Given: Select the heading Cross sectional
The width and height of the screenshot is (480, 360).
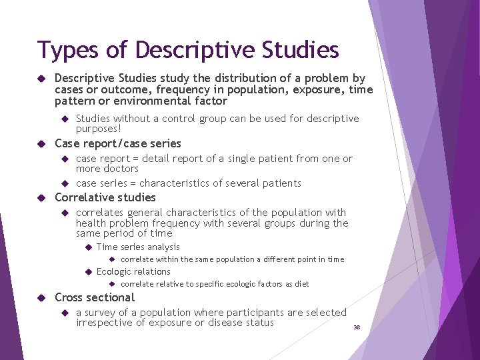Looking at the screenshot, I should tap(95, 297).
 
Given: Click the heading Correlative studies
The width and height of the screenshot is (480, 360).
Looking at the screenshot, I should tap(105, 197).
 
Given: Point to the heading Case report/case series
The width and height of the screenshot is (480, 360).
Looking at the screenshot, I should tap(117, 143).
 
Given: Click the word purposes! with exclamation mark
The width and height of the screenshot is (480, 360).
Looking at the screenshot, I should tap(99, 129).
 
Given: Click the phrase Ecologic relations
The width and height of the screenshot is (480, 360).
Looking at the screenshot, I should tap(133, 271).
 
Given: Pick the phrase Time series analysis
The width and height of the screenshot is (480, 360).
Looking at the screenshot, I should tap(138, 247).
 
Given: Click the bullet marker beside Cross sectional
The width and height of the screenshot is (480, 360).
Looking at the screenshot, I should tap(41, 297).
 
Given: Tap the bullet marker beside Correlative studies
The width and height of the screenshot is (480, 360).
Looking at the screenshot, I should tap(41, 197).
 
